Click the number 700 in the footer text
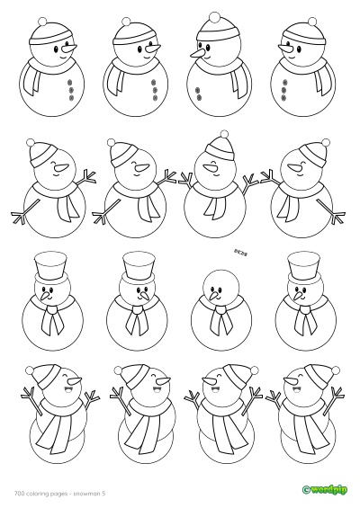pyautogui.click(x=19, y=491)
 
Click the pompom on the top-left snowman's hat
pyautogui.click(x=49, y=20)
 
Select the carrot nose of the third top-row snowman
pyautogui.click(x=195, y=57)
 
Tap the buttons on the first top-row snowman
pyautogui.click(x=71, y=90)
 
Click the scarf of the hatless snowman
pyautogui.click(x=215, y=314)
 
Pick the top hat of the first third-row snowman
pyautogui.click(x=49, y=266)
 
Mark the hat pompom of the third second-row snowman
pyautogui.click(x=222, y=136)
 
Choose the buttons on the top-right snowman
pyautogui.click(x=285, y=90)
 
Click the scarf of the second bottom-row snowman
pyautogui.click(x=135, y=423)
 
